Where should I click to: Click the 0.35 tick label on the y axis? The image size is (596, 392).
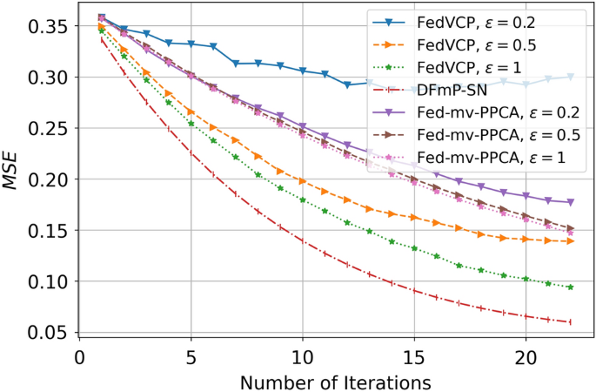coord(47,27)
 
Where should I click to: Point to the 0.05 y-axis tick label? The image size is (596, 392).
coord(47,333)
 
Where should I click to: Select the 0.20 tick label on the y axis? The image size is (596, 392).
coord(47,180)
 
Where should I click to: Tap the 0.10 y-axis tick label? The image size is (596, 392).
coord(47,282)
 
